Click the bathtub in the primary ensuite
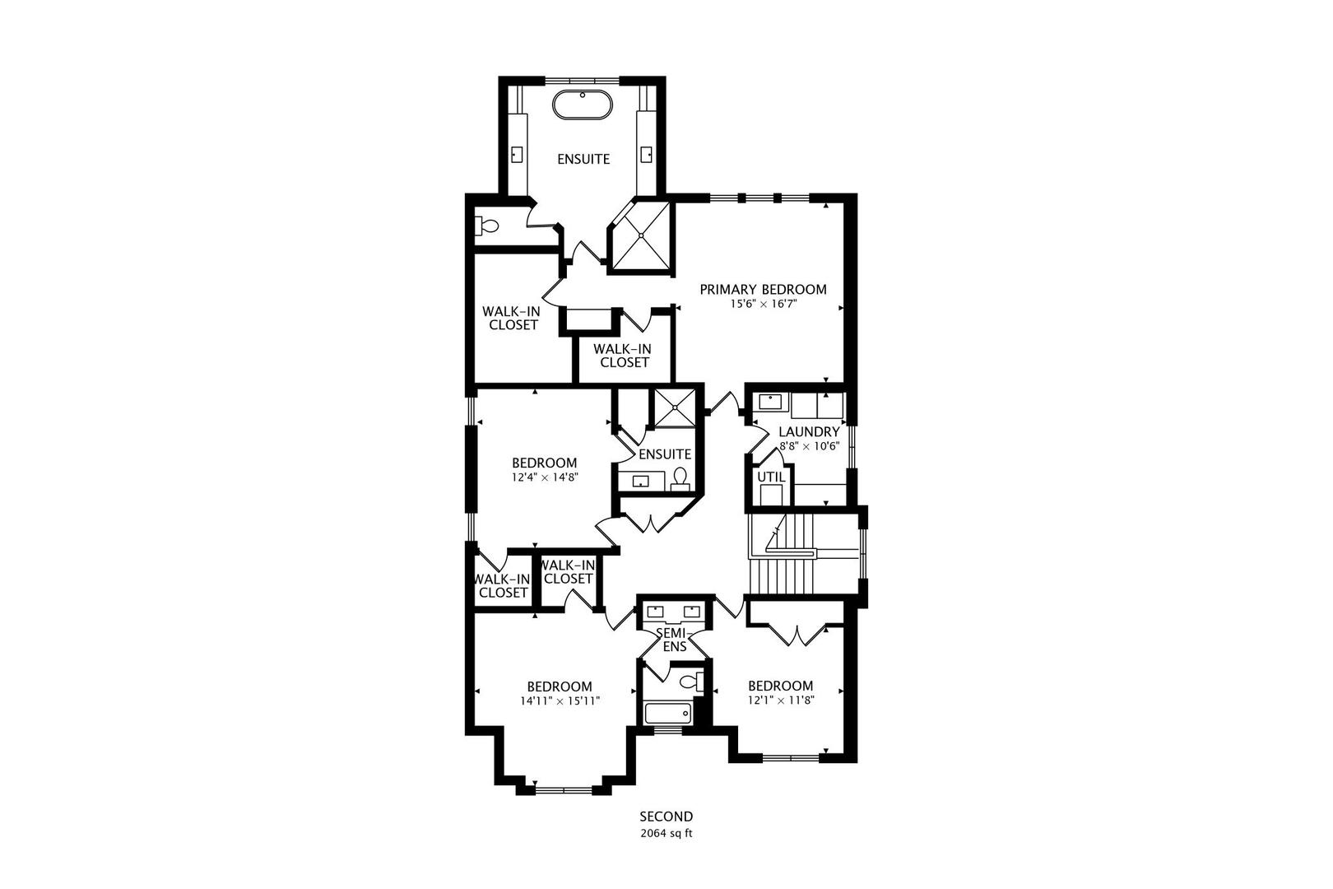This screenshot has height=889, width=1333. [583, 106]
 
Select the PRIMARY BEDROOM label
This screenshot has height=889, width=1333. [763, 290]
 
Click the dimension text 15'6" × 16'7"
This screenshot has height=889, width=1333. [763, 304]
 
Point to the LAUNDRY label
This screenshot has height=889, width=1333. [808, 432]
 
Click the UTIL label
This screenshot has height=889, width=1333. [771, 477]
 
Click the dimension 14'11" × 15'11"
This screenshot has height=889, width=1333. [560, 701]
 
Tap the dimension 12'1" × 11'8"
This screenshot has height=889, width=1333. [780, 700]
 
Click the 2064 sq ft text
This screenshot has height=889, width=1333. [666, 833]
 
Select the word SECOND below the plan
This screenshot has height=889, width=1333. [666, 817]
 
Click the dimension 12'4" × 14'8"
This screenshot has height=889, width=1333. [544, 477]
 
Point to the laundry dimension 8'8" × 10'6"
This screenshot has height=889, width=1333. [809, 445]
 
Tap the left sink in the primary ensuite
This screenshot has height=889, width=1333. [518, 154]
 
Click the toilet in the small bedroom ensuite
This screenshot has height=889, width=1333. [680, 477]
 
